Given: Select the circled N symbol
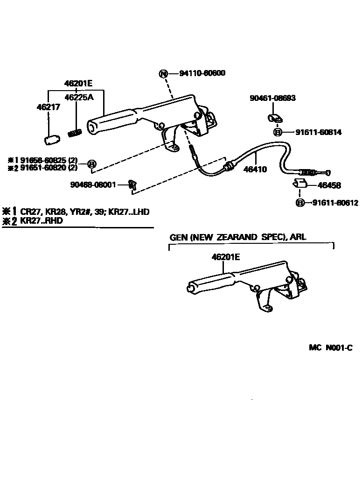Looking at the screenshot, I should pos(163,73).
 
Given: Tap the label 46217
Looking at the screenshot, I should pos(46,107).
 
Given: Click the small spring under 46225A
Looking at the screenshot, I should pos(75,133).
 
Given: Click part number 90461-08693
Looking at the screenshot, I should pos(273,99).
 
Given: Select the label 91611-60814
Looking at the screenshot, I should pos(318,133).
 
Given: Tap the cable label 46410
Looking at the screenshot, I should pos(255,170).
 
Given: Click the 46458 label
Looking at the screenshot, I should pos(329,186).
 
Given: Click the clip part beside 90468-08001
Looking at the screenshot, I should pos(132,185).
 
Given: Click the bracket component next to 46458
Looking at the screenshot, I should pos(299,183).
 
